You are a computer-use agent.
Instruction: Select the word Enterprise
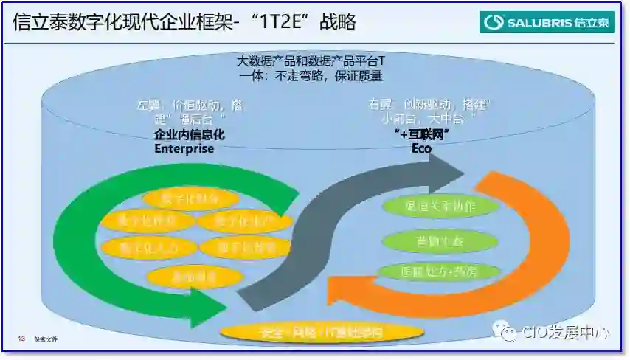click(184, 148)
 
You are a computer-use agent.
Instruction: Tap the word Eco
click(421, 148)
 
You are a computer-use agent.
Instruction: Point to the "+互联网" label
click(422, 134)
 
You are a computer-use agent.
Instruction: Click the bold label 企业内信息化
click(189, 135)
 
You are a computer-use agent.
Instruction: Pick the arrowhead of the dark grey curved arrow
click(447, 168)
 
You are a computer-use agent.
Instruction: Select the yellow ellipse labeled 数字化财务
click(190, 198)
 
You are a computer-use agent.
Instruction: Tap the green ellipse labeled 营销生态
click(430, 240)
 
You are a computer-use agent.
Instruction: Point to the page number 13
click(22, 339)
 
